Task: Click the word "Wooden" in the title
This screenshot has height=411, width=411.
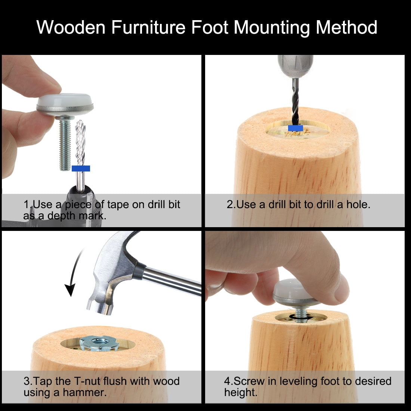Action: click(71, 27)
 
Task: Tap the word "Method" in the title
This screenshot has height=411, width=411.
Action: click(346, 27)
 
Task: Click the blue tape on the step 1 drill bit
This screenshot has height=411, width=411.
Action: click(81, 168)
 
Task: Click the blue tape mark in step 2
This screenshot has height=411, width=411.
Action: click(296, 128)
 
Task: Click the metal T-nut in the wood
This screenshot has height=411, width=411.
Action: click(99, 343)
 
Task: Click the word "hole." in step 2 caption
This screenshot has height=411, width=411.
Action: click(358, 204)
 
